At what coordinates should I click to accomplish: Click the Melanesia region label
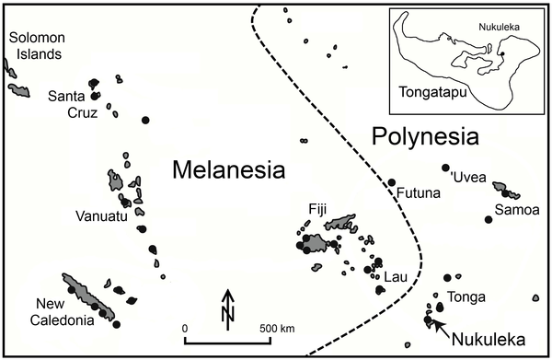[x=227, y=170]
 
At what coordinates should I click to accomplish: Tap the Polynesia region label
[x=426, y=137]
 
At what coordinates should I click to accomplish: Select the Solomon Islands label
[x=36, y=45]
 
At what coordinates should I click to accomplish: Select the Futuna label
[x=417, y=193]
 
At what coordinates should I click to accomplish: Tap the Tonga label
[x=465, y=296]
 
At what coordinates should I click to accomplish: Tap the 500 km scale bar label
[x=277, y=327]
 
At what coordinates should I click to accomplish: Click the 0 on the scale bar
[x=185, y=327]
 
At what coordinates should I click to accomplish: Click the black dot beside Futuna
[x=391, y=182]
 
